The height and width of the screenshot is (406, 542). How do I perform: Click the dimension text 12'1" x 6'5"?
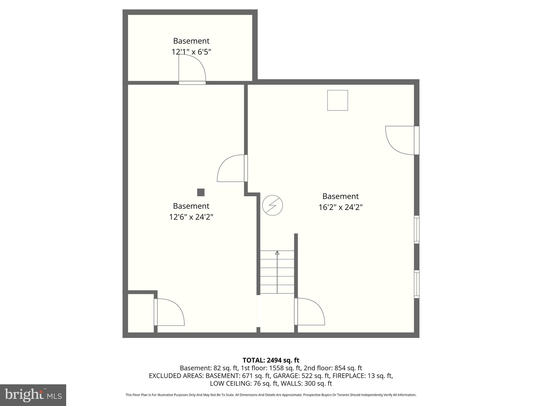point(191,52)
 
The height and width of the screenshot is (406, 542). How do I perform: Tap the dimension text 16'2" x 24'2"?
point(340,207)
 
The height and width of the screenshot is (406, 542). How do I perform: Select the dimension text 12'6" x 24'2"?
point(191,217)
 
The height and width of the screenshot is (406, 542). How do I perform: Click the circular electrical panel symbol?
point(272,205)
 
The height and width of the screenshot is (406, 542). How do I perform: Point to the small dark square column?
point(201,192)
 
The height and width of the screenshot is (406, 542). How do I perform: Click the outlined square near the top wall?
point(337,100)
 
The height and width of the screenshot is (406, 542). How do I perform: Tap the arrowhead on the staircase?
point(277,253)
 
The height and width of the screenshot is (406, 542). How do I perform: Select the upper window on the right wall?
point(416,229)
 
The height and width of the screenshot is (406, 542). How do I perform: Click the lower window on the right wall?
point(416,284)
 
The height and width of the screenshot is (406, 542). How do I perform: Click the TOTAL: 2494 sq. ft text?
point(271,360)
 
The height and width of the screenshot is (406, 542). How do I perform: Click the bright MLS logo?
point(33,395)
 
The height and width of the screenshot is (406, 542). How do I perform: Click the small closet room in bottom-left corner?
point(141,313)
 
